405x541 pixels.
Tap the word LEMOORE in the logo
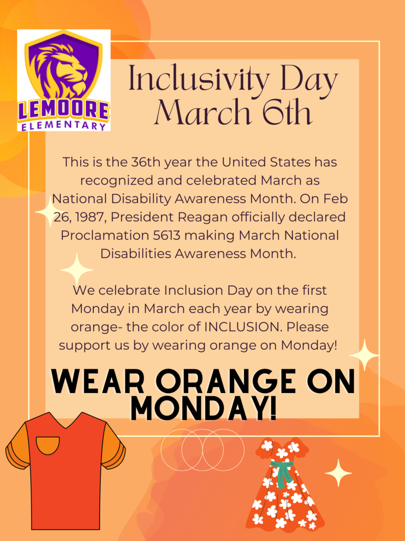pyautogui.click(x=64, y=111)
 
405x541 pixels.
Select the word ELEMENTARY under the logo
pyautogui.click(x=64, y=126)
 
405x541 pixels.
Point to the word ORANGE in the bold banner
pyautogui.click(x=223, y=383)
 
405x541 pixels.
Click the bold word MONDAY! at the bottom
pyautogui.click(x=203, y=409)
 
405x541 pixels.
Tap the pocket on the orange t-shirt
pyautogui.click(x=47, y=444)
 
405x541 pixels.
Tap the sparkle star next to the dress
pyautogui.click(x=338, y=472)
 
